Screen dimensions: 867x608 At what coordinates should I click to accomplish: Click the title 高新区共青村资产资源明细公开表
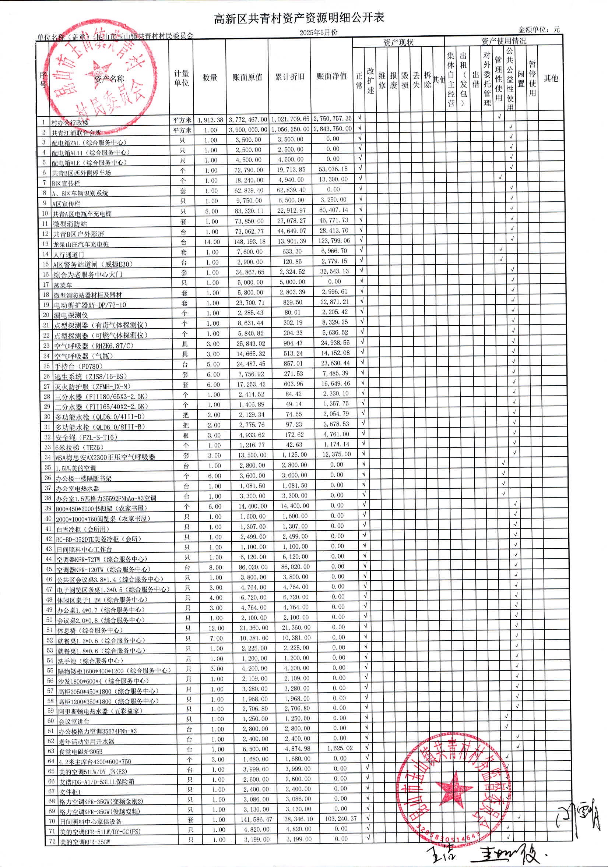click(x=299, y=18)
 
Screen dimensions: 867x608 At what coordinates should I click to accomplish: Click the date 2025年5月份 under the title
click(x=319, y=32)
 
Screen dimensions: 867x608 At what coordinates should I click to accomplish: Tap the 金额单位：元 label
click(x=539, y=29)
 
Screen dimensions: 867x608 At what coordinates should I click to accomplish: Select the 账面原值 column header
click(x=247, y=77)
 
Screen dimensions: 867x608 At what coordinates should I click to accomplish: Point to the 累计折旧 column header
click(x=289, y=77)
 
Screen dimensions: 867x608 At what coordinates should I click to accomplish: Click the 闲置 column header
click(x=521, y=79)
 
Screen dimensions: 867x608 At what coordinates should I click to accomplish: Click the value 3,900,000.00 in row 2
click(x=248, y=130)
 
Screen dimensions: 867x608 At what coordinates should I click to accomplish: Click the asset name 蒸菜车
click(x=62, y=285)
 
